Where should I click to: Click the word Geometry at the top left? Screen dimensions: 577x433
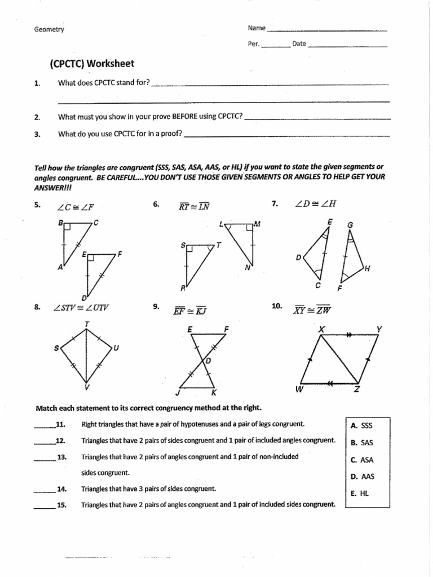pos(49,30)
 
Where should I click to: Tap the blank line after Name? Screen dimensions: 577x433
pos(326,29)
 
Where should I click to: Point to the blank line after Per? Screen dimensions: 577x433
pos(275,45)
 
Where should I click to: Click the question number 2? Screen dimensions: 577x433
pos(37,117)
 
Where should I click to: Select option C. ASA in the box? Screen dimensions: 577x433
pos(361,460)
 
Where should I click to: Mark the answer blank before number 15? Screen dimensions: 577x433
pos(43,507)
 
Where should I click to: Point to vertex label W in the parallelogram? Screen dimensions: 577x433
pos(298,388)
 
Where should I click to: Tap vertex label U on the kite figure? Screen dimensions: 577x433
pos(116,348)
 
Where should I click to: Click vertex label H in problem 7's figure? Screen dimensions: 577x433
pos(367,268)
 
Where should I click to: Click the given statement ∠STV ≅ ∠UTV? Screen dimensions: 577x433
pos(81,308)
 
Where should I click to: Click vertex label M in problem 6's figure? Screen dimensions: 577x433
pos(257,224)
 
